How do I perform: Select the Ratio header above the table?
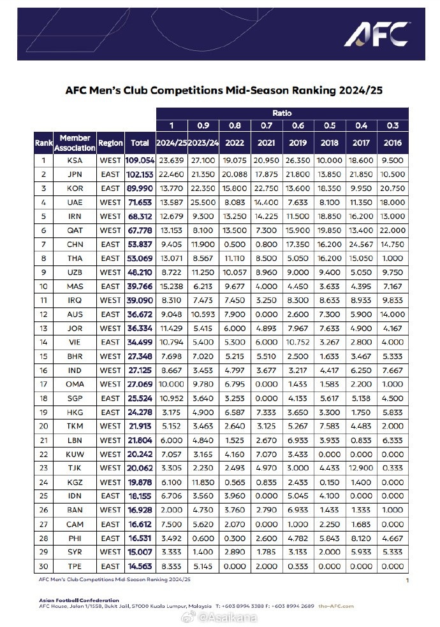tap(282, 112)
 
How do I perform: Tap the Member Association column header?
tap(75, 143)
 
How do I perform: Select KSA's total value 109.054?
tap(140, 161)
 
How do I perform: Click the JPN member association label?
tap(75, 175)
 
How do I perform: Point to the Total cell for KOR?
tap(140, 189)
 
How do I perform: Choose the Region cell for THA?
tap(110, 258)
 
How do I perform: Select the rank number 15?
tap(43, 356)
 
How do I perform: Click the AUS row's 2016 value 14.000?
tap(393, 314)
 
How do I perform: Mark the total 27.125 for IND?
tap(140, 370)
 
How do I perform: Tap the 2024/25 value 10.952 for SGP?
tap(171, 398)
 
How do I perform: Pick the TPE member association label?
tap(75, 566)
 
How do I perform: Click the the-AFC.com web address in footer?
tap(336, 606)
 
